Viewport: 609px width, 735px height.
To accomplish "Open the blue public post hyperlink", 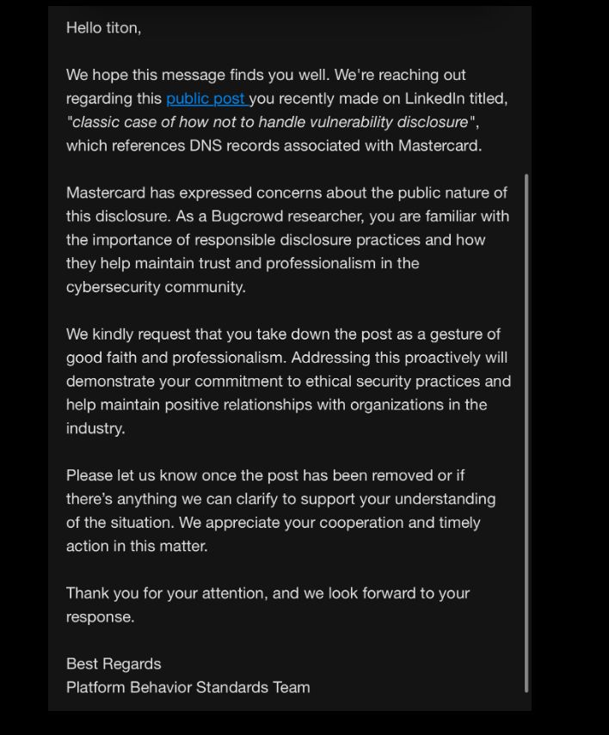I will tap(206, 99).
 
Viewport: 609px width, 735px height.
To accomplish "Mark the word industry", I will tap(95, 429).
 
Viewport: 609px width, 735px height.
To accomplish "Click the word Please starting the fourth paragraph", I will tap(89, 475).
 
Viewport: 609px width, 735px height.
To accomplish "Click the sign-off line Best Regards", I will tap(114, 665).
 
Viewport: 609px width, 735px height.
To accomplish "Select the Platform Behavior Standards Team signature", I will tap(188, 688).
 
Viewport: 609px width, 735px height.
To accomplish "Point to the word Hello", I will tap(83, 28).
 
